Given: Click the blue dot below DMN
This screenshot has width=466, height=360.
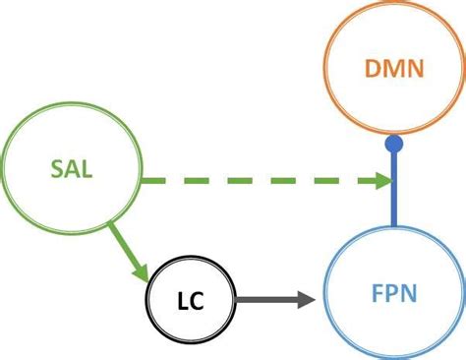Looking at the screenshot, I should click(393, 146).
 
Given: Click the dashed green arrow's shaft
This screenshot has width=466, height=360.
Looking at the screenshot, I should click(256, 180).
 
